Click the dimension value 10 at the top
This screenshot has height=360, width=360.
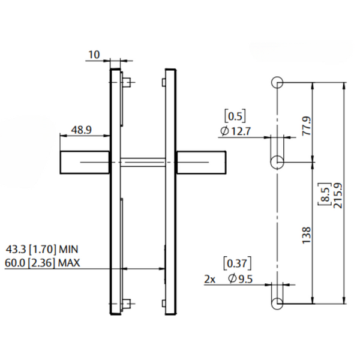point(94,55)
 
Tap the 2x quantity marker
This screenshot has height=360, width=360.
point(209,280)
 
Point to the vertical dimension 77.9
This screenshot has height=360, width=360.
point(306,126)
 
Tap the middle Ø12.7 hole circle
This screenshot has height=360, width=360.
point(277,162)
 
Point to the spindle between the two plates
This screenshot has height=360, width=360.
point(143,160)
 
